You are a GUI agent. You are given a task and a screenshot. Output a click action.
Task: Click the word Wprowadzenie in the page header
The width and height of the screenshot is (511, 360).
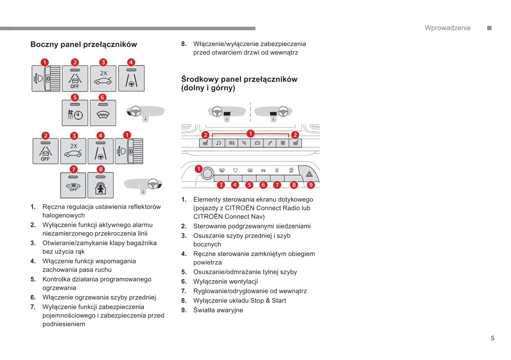(x=447, y=28)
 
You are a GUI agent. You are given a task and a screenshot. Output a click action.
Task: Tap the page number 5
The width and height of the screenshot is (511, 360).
(x=492, y=338)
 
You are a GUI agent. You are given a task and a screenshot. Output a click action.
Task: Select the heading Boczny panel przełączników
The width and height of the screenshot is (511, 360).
(x=83, y=45)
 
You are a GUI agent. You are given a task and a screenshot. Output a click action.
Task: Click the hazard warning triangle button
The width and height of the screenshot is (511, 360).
(x=309, y=174)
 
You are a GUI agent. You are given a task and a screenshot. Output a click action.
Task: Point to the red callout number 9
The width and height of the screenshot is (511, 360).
(x=310, y=185)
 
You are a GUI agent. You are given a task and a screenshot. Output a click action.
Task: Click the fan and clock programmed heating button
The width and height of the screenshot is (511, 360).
(x=75, y=114)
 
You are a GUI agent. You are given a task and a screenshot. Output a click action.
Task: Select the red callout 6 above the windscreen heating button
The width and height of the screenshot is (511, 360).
(x=102, y=98)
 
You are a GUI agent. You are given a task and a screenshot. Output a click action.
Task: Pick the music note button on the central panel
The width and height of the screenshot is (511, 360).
(x=219, y=143)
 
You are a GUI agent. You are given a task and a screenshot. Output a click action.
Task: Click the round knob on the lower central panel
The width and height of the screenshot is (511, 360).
(x=208, y=173)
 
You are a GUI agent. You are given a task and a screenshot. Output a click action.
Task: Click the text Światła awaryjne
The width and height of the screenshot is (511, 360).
(x=218, y=310)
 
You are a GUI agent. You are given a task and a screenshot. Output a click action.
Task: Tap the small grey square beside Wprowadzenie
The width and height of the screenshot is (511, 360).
(x=489, y=28)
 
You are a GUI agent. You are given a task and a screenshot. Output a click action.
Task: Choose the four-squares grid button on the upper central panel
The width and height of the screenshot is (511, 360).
(x=283, y=143)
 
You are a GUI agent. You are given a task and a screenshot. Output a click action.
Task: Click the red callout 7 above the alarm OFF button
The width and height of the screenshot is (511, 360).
(x=73, y=169)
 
